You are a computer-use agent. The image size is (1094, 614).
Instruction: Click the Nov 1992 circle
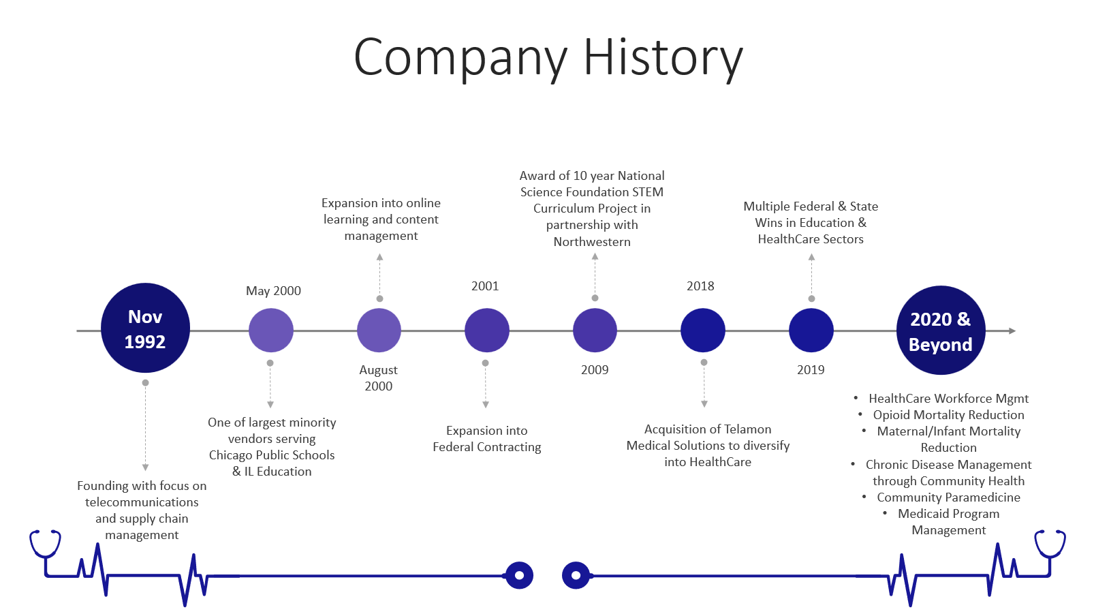tap(145, 328)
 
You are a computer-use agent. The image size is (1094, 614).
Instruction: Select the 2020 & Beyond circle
tap(940, 331)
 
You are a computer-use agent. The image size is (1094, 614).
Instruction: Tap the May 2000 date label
tap(273, 291)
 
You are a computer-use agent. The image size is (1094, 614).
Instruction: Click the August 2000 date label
tap(379, 378)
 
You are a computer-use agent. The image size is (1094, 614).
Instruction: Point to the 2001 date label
tap(485, 286)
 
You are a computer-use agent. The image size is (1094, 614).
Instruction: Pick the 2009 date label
tap(595, 370)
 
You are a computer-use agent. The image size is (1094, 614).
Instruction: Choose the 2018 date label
tap(700, 286)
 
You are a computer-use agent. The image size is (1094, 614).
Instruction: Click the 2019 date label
tap(811, 370)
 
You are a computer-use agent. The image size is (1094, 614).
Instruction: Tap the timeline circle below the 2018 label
tap(703, 331)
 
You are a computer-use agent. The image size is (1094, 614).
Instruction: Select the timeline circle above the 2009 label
tap(595, 331)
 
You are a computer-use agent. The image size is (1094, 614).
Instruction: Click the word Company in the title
tap(460, 59)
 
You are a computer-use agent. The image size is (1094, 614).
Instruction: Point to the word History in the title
tap(663, 59)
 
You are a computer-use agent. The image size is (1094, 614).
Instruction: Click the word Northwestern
tap(592, 242)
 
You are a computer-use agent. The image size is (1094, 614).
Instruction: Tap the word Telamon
tap(742, 429)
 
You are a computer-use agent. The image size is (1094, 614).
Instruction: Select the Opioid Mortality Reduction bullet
tap(948, 415)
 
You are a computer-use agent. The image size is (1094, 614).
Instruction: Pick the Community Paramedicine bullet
tap(948, 497)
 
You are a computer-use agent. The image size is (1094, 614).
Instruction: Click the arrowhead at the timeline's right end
tap(1012, 331)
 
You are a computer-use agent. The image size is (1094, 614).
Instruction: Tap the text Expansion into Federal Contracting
tap(486, 439)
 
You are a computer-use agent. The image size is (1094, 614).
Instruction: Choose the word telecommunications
tap(142, 502)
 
